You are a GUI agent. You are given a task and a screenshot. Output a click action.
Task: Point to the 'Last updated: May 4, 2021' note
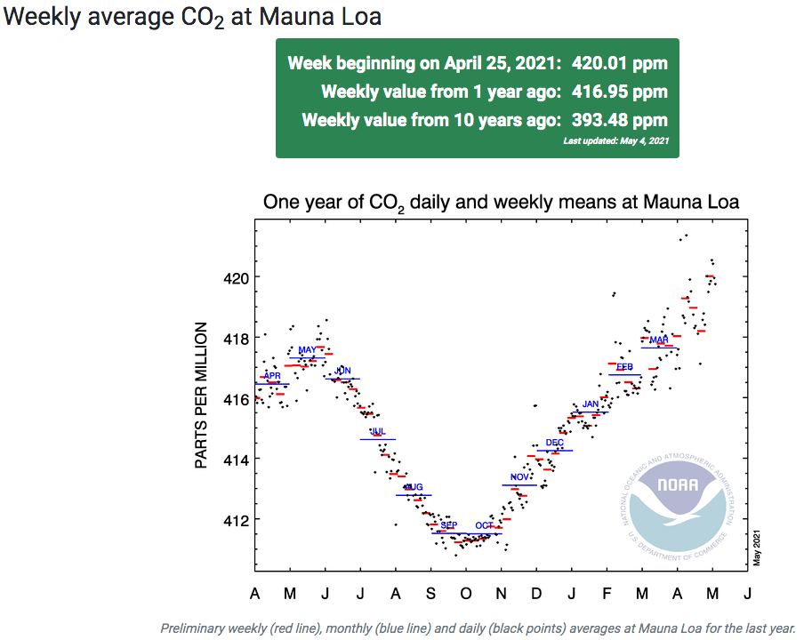615,140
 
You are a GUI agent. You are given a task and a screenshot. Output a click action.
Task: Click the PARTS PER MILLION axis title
201,396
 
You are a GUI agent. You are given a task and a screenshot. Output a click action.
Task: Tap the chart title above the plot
501,203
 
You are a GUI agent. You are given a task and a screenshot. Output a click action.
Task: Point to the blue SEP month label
448,525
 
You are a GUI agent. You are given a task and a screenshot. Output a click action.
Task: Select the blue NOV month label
519,477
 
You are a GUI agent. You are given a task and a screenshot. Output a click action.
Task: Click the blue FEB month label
624,366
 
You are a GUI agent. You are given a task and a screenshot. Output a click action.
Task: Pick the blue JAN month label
591,404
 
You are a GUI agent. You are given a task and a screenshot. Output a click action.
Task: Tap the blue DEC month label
554,443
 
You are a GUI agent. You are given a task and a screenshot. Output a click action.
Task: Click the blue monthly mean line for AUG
414,495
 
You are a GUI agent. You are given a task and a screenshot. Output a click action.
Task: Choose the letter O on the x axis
466,593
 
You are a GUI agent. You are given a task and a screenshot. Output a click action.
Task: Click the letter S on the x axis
430,593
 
